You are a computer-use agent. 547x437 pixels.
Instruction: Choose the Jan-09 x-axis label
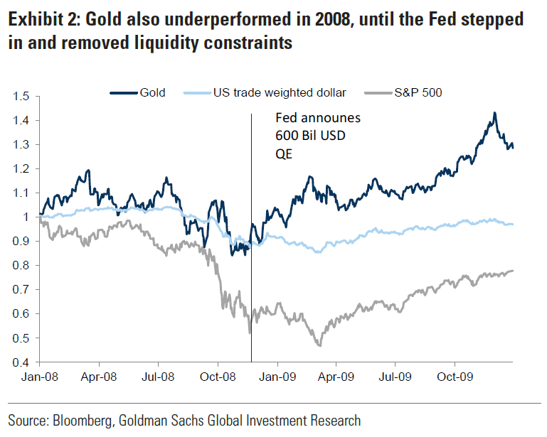277,377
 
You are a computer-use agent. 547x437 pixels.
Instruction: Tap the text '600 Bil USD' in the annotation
310,136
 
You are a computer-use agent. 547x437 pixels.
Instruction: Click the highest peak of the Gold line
494,113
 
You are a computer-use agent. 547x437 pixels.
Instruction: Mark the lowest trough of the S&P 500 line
319,345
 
